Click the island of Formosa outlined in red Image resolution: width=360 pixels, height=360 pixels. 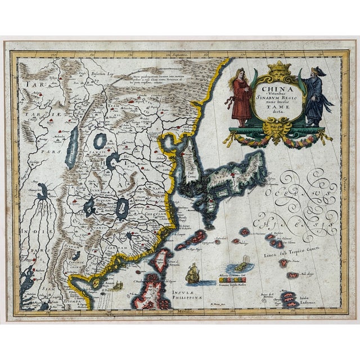pyautogui.click(x=163, y=261)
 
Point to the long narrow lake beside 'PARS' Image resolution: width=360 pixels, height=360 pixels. pyautogui.click(x=73, y=148)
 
